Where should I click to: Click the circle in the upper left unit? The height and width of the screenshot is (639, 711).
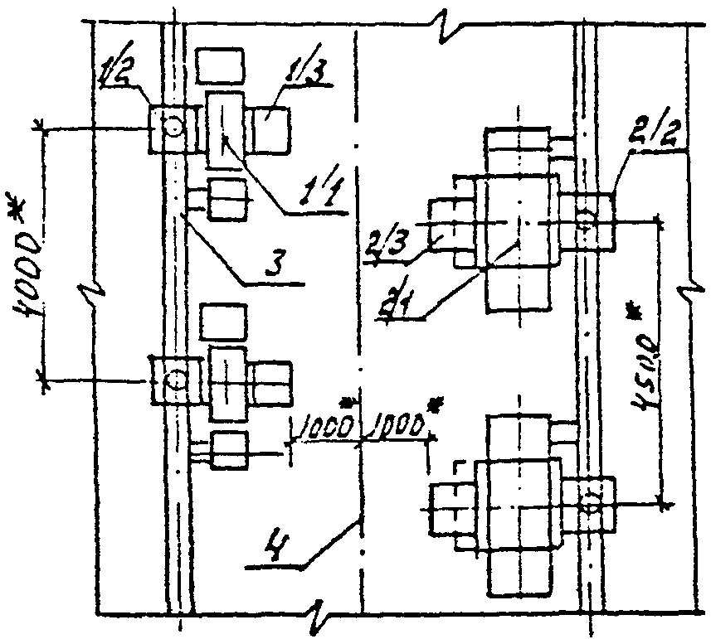point(173,127)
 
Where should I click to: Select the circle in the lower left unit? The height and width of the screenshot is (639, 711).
point(175,380)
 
